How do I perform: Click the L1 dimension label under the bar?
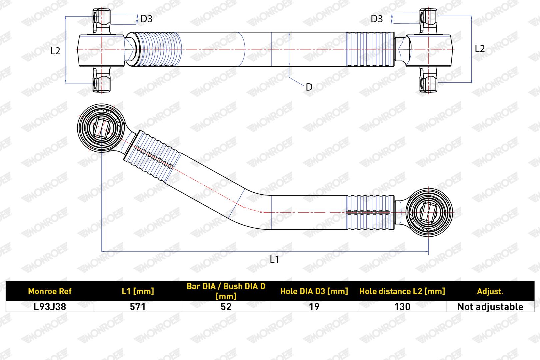coord(274,259)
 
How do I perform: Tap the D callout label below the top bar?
coord(309,87)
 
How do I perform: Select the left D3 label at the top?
coord(146,19)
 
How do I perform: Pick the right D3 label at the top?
coord(377,19)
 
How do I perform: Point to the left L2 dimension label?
coord(55,51)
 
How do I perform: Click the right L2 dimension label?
coord(480,49)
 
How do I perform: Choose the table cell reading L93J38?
coord(50,307)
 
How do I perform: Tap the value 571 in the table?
coord(138,307)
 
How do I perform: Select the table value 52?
coord(226,307)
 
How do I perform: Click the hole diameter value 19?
coord(314,307)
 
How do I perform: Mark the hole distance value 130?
coord(402,307)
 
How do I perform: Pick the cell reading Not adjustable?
coord(490,307)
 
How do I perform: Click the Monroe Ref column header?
coord(50,291)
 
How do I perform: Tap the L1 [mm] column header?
coord(138,291)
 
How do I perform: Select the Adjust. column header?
coord(490,292)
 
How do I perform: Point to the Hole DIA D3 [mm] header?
coord(314,291)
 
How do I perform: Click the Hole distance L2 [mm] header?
coord(402,291)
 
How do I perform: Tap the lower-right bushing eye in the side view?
coord(429,212)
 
